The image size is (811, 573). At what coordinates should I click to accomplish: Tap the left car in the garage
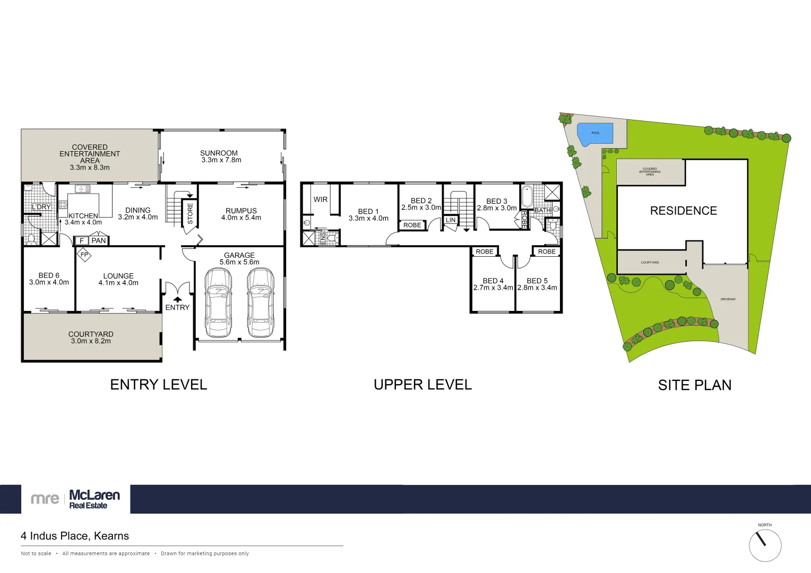tap(218, 302)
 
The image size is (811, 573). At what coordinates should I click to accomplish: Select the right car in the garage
tap(260, 302)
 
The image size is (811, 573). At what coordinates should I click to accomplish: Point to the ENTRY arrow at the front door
tap(177, 299)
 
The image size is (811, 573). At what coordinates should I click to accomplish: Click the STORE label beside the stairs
tap(190, 213)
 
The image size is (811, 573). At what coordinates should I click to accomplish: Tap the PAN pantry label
tap(99, 241)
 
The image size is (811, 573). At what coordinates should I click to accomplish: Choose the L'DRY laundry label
tap(41, 207)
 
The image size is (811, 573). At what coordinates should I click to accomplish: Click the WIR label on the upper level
tap(321, 199)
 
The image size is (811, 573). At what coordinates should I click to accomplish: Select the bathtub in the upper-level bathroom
tap(527, 197)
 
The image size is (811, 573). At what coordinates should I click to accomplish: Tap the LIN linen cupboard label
tap(451, 220)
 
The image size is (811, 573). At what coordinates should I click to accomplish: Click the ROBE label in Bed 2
tap(412, 225)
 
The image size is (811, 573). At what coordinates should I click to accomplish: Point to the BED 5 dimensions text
tap(537, 288)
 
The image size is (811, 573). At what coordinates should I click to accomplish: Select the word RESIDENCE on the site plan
tap(684, 211)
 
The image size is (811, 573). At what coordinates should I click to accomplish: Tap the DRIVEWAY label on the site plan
tap(728, 299)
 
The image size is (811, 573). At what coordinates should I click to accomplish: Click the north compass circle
tap(765, 545)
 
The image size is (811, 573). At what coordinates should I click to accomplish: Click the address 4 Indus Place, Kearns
tap(75, 536)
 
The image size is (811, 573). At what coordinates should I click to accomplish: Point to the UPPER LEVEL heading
tap(422, 385)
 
